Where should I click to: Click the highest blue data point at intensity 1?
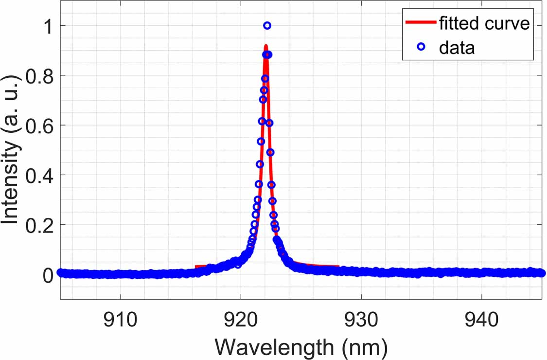pos(267,25)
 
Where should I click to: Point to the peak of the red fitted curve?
pos(266,46)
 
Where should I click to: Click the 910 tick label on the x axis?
pos(120,320)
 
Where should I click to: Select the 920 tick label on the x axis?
pos(241,320)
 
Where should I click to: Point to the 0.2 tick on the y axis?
pos(40,225)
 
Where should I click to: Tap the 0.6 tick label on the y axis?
pos(40,125)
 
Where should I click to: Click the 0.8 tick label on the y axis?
pos(40,75)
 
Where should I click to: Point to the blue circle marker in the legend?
pos(421,47)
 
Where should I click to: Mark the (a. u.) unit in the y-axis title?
pos(11,109)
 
